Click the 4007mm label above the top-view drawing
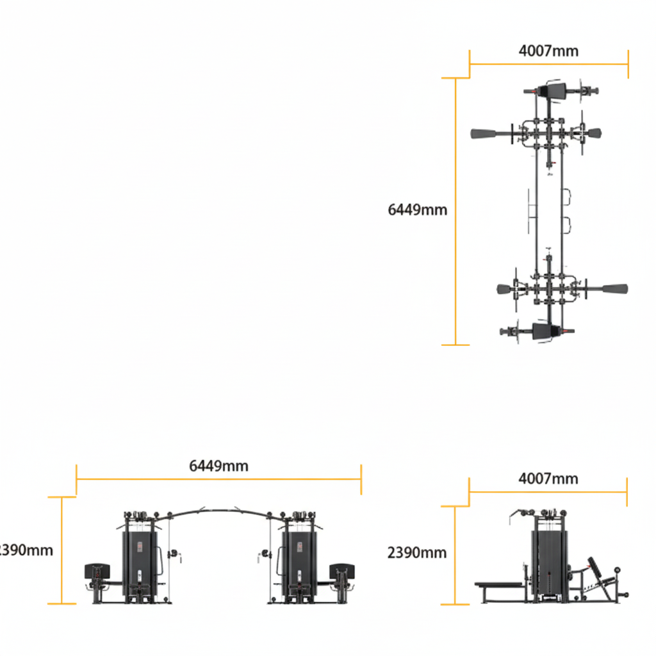tap(548, 51)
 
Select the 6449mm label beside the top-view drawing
tap(418, 209)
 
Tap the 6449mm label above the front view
tap(219, 466)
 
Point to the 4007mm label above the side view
tap(548, 479)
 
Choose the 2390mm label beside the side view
tap(417, 552)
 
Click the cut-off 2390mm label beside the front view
tap(26, 550)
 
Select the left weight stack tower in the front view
tap(140, 557)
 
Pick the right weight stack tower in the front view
tap(299, 557)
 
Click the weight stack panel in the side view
tap(549, 561)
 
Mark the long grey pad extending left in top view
tap(484, 134)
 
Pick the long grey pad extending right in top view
tap(614, 289)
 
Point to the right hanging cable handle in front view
tap(263, 553)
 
